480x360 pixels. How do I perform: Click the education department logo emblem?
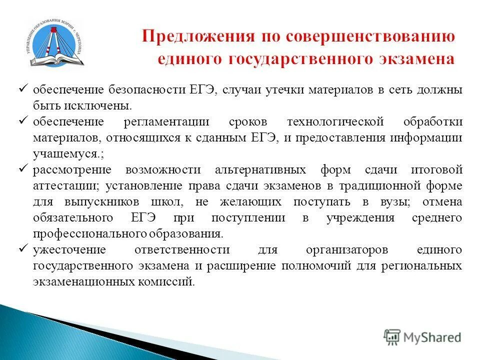click(54, 42)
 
